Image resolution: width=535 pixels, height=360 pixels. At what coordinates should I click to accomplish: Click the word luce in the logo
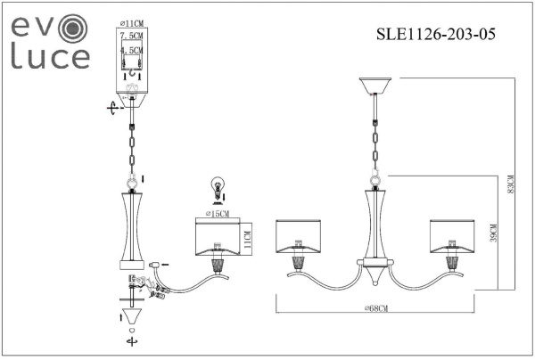(x=50, y=57)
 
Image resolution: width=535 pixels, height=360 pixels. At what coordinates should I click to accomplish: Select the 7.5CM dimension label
(x=132, y=35)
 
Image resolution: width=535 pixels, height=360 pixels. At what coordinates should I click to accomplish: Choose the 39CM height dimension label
(x=494, y=233)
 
